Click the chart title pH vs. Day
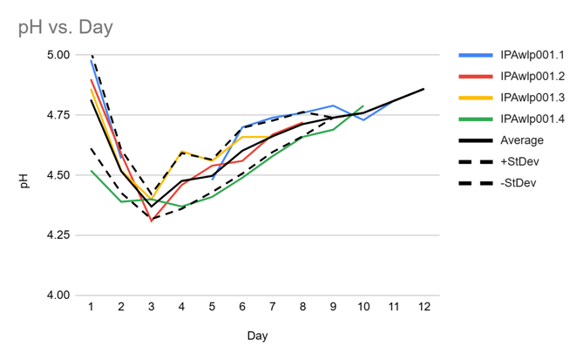tap(65, 28)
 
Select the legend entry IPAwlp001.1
tap(532, 55)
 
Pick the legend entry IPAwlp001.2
tap(532, 76)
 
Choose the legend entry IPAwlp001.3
tap(532, 98)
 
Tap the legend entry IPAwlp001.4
tap(532, 119)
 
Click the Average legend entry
tap(522, 139)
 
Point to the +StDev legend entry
tap(520, 161)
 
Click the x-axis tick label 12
tap(424, 308)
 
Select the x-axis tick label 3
tap(152, 308)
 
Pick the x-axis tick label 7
tap(273, 308)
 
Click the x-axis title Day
tap(257, 335)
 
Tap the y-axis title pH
tap(25, 181)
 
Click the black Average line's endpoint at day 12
tap(424, 89)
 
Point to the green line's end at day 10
tap(363, 105)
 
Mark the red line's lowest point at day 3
tap(152, 221)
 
